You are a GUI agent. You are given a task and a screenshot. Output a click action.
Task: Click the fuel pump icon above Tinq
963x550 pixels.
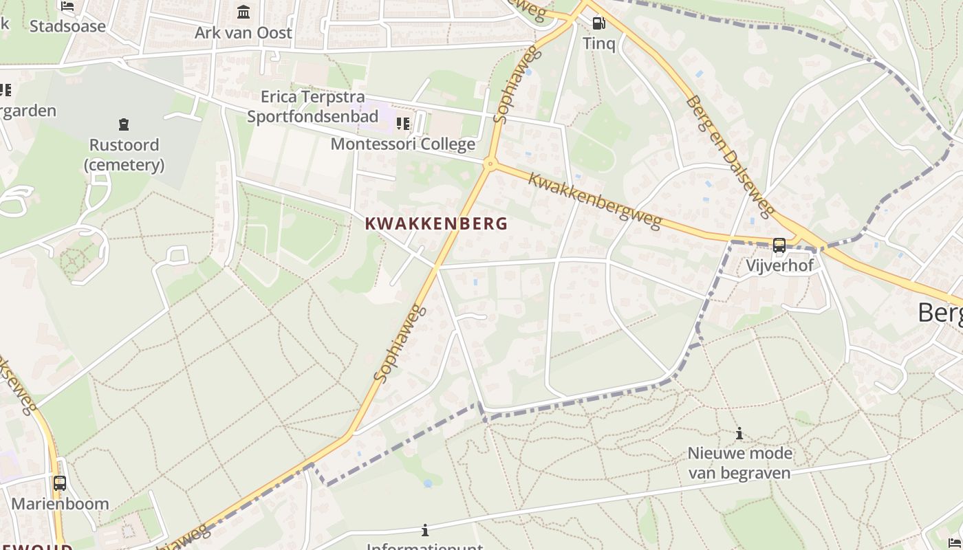point(598,23)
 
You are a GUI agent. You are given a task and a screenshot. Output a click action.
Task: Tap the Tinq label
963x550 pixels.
point(598,43)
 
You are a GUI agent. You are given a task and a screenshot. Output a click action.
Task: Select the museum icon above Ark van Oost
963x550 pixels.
point(244,12)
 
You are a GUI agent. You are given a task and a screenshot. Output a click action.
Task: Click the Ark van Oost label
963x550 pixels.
point(244,32)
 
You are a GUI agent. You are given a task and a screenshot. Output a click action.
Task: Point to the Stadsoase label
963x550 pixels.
point(67,26)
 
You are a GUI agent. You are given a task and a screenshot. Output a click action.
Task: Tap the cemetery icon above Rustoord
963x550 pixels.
point(124,124)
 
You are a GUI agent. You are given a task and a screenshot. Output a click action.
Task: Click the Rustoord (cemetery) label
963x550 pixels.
point(124,155)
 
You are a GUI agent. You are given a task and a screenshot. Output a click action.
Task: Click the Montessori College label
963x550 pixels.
point(403,144)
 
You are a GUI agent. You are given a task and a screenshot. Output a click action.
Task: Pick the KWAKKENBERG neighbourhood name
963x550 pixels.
point(436,223)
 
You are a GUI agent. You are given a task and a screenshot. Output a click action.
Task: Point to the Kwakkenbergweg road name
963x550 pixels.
point(595,200)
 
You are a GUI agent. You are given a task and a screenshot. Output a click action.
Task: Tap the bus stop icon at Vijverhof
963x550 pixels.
point(779,245)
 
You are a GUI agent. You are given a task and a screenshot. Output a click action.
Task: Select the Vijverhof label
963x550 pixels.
point(779,265)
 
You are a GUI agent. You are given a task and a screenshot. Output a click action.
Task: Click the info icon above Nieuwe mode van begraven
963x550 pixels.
point(739,433)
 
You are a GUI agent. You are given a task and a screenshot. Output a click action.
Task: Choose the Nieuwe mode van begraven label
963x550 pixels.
point(739,463)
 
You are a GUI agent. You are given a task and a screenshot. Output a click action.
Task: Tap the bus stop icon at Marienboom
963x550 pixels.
point(60,483)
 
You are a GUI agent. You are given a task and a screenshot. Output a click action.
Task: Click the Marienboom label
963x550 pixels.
point(60,503)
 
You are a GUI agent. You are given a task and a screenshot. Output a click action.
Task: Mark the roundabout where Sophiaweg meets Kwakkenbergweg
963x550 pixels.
point(490,164)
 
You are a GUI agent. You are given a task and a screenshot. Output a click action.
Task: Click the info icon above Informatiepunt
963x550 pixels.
point(425,530)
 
